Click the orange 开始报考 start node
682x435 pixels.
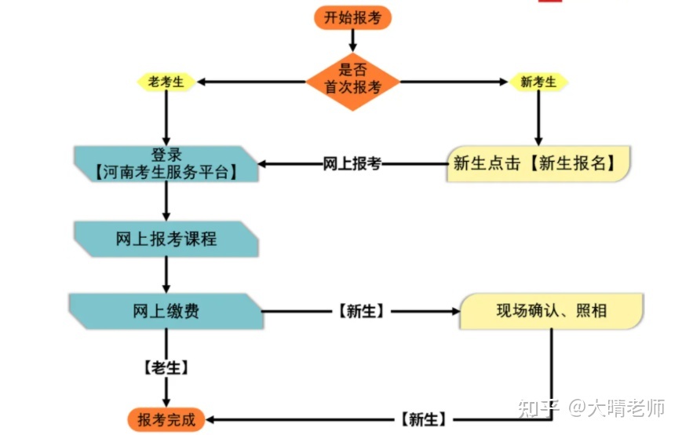pos(352,18)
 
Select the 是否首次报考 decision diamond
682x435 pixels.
pos(352,82)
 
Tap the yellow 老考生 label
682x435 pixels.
pos(166,82)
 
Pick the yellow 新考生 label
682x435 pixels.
pos(538,82)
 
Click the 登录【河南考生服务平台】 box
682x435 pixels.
pos(166,164)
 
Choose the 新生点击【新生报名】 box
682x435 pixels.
pos(538,163)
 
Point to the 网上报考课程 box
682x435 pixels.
pos(166,239)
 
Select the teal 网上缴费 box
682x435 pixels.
pos(166,311)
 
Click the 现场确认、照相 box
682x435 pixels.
pos(552,311)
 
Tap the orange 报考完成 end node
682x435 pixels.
pos(166,420)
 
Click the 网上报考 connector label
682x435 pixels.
pos(352,164)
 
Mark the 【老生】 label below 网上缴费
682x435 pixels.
pos(166,367)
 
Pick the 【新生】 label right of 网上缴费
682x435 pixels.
pos(361,311)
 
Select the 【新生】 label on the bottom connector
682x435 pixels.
pos(423,420)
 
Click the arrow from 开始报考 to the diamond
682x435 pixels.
pos(352,41)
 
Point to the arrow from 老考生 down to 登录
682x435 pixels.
pos(166,119)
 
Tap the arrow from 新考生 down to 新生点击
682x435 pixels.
pos(538,119)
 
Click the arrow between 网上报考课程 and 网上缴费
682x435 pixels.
pos(166,275)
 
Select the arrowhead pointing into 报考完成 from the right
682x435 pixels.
pos(210,420)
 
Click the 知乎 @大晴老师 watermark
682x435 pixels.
pos(591,408)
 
